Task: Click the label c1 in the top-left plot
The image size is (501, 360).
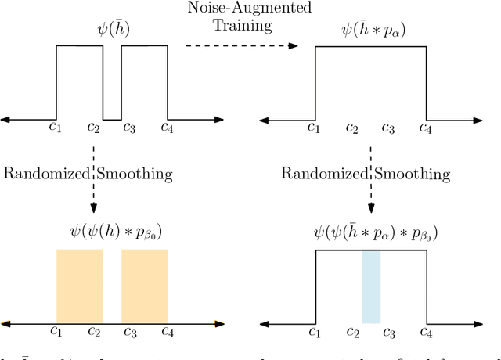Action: click(x=56, y=128)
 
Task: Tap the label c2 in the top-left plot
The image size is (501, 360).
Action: click(x=94, y=128)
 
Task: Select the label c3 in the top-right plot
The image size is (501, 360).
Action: click(x=387, y=128)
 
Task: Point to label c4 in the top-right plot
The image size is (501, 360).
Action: click(x=425, y=128)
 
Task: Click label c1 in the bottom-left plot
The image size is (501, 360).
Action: click(x=56, y=332)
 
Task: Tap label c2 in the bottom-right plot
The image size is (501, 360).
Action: click(x=353, y=332)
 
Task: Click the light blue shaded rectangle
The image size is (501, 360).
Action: click(x=371, y=287)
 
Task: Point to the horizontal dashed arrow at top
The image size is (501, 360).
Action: click(x=242, y=46)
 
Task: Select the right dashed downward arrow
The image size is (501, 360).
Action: click(x=371, y=180)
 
